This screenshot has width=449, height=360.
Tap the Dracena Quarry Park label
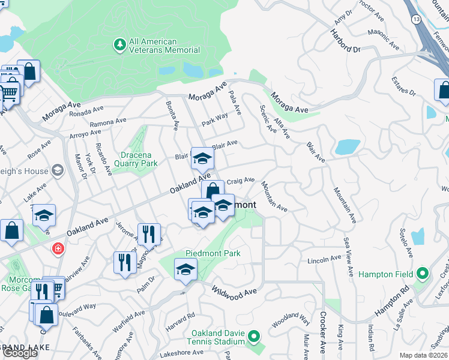(134, 159)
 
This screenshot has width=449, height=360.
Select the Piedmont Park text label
(213, 253)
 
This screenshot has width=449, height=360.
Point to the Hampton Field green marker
(422, 274)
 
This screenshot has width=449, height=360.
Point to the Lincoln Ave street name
(324, 260)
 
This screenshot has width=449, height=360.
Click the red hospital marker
(58, 248)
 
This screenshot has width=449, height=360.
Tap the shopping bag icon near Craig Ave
(212, 191)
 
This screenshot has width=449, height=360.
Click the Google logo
(20, 353)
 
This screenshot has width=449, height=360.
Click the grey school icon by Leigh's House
(58, 170)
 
